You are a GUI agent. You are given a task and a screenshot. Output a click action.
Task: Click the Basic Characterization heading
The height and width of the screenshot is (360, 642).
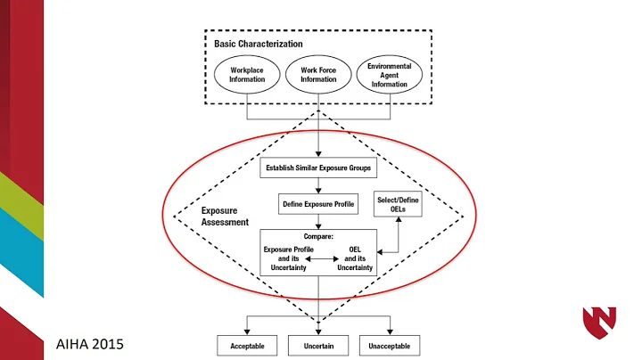click(258, 43)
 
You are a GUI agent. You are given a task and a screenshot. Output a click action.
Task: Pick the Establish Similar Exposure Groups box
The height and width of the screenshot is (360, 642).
click(317, 167)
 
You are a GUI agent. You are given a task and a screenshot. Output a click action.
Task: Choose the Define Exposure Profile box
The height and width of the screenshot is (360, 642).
click(318, 204)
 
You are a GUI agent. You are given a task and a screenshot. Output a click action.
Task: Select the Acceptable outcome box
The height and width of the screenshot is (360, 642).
click(246, 344)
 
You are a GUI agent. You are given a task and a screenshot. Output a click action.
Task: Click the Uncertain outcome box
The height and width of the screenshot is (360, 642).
click(318, 344)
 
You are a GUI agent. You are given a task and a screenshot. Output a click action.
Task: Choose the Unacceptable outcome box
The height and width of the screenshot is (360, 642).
click(389, 344)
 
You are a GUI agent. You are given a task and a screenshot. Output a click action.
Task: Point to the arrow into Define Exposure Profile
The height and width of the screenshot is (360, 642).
click(318, 190)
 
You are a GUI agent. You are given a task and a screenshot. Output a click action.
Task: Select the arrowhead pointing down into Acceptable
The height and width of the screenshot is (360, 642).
click(246, 331)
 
